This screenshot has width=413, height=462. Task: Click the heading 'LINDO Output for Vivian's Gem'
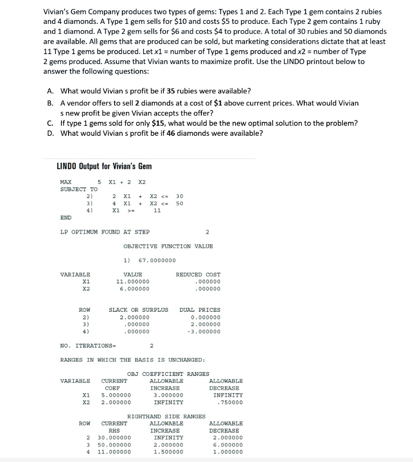click(104, 166)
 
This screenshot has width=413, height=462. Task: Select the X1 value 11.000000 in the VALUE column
click(133, 282)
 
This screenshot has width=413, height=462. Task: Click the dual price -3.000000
click(204, 332)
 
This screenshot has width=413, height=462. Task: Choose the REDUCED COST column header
click(198, 274)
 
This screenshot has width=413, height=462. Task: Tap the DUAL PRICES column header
click(200, 310)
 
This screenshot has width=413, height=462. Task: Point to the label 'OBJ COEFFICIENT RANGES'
click(168, 374)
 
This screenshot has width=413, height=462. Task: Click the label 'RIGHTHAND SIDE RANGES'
click(167, 416)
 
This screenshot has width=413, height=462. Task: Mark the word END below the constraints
click(66, 217)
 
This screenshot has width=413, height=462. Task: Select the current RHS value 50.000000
click(115, 445)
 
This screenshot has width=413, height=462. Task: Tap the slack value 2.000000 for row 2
click(135, 317)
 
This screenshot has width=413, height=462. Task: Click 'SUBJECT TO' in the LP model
click(79, 189)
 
